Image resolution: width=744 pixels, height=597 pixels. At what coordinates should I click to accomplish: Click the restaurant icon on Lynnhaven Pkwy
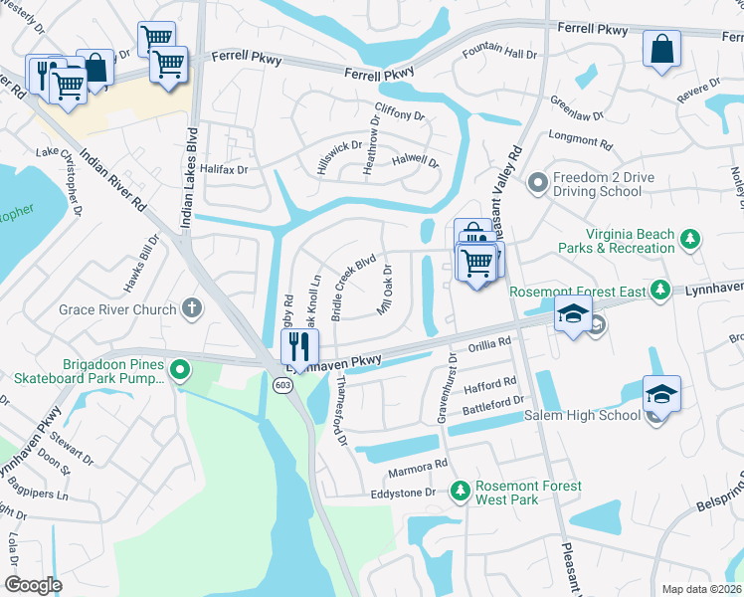coord(299,347)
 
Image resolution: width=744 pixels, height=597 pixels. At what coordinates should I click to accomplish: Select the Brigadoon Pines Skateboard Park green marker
coord(179,372)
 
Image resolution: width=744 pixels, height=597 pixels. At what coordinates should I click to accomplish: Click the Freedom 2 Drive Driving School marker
coord(538,183)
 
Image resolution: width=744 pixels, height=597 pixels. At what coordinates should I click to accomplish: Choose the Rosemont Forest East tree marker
coord(659,291)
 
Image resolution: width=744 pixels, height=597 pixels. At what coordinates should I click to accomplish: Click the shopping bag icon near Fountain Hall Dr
coord(661,50)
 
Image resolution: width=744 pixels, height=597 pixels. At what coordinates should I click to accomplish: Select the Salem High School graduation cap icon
coord(661,394)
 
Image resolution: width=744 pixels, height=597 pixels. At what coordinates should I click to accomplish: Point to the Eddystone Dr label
coord(403,493)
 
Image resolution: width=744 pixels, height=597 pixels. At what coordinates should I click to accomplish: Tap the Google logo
coord(34,585)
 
